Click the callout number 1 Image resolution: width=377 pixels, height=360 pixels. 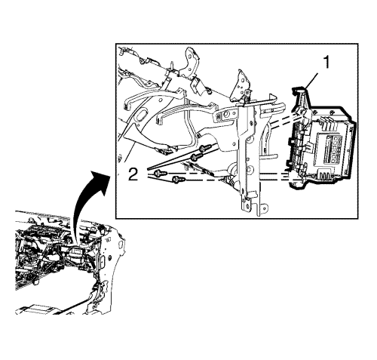pos(326,62)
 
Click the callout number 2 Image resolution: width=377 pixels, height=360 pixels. pos(133,174)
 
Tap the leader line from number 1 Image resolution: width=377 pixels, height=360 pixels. pos(311,81)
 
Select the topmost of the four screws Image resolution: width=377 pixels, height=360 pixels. pos(204,148)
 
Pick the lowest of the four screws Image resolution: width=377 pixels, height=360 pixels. pos(178,180)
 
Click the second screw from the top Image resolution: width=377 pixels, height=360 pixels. pos(197,157)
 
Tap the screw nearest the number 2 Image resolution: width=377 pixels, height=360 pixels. pos(160,173)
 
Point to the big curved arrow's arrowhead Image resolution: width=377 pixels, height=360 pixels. pos(100,180)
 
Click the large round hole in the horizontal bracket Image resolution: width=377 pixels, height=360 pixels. pos(225,115)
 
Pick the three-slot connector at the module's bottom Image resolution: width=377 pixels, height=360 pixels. pos(325,175)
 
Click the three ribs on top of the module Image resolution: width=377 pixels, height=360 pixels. pos(326,121)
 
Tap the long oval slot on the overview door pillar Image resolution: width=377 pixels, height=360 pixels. pos(103,262)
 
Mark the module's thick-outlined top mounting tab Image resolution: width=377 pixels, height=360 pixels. pos(300,97)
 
